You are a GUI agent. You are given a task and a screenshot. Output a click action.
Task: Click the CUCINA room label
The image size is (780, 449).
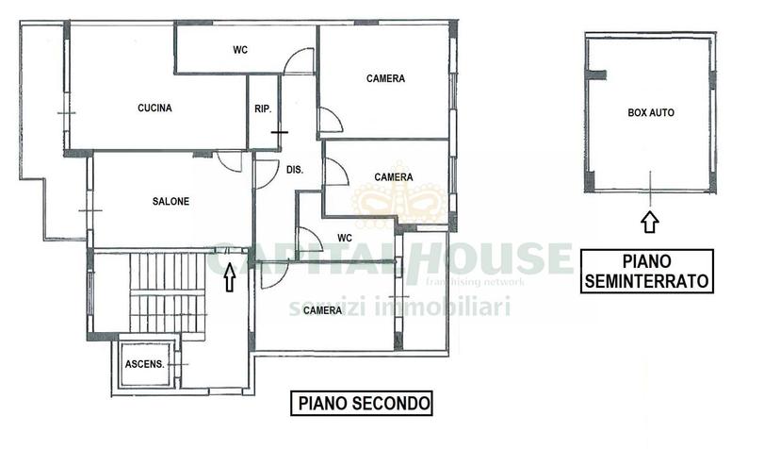[154, 108]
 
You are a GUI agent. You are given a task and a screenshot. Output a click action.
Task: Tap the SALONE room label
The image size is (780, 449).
[171, 201]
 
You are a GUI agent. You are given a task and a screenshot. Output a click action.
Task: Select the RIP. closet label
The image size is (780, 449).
[263, 108]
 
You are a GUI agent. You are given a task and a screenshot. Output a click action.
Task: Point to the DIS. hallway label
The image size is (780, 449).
[295, 170]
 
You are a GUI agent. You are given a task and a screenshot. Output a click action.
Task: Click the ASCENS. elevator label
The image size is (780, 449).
[144, 364]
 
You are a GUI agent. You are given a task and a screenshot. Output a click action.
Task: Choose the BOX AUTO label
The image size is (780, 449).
[651, 112]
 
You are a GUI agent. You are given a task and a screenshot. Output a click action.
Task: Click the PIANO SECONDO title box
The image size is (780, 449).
[362, 403]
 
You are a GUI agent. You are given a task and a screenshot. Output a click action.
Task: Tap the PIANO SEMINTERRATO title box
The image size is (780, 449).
[646, 271]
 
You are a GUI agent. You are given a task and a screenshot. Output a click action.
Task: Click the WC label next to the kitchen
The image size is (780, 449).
[240, 50]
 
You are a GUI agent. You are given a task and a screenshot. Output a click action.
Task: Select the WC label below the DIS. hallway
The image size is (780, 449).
[345, 238]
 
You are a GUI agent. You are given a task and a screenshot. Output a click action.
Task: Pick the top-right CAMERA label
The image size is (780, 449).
[385, 78]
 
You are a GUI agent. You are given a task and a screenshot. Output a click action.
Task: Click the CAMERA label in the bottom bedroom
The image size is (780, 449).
[322, 310]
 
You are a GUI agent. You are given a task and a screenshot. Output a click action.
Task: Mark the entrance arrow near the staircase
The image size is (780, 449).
[229, 278]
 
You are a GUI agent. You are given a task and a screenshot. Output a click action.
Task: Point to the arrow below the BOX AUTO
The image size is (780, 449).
[650, 223]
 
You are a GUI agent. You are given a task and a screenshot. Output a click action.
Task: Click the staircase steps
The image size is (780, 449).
[168, 293]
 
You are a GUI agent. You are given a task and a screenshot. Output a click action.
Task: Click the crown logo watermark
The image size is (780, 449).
[399, 195]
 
